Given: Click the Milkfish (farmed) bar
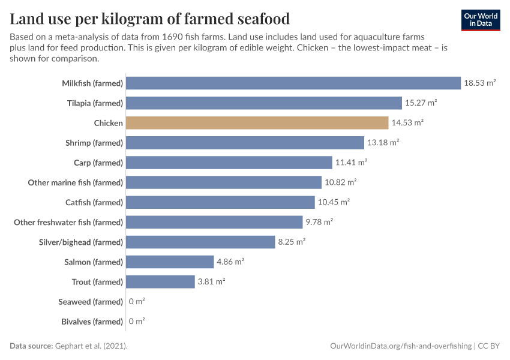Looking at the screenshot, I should coord(293,83).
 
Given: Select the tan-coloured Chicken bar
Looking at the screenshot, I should coord(257,123).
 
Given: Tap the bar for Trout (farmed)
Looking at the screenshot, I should coord(160,281).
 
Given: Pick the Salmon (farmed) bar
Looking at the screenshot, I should coord(170,262).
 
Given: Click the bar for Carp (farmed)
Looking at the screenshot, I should coord(229,163).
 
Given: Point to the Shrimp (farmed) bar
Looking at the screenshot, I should coord(245,143).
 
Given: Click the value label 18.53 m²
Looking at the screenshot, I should coord(479,83).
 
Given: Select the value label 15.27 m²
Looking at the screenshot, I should coord(421,103).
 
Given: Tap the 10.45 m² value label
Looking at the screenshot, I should coord(334,202).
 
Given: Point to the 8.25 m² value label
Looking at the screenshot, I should coord(291,242).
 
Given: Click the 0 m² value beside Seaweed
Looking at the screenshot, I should coord(137,301).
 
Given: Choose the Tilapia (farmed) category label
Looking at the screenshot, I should coord(95,103).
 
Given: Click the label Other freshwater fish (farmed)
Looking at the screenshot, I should coord(68,222).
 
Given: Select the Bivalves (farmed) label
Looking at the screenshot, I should coord(92,321).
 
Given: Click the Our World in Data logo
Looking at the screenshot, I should coord(480,19).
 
